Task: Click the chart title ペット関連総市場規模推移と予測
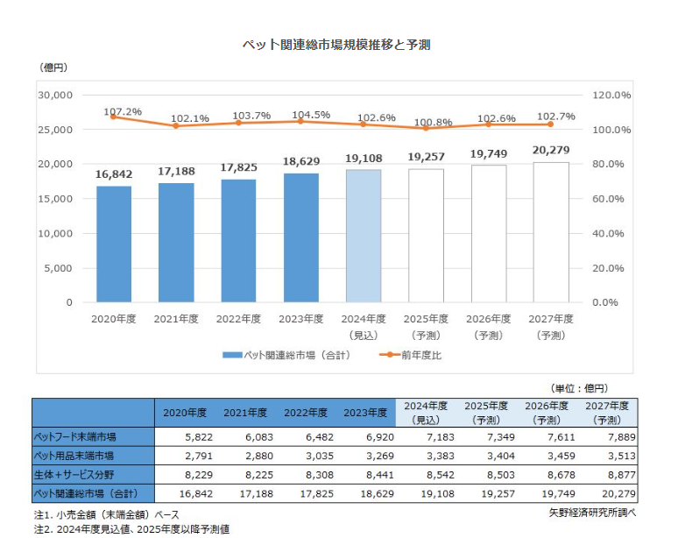(338, 45)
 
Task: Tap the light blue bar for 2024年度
(364, 236)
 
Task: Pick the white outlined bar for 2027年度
(551, 232)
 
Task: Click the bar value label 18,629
(301, 162)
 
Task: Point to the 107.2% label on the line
(123, 112)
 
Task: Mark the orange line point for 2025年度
(426, 128)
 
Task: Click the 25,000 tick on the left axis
(54, 130)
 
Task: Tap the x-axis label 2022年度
(239, 319)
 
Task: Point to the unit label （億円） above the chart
(53, 67)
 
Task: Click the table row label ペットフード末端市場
(75, 435)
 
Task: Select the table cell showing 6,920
(371, 435)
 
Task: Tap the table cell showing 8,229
(189, 475)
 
